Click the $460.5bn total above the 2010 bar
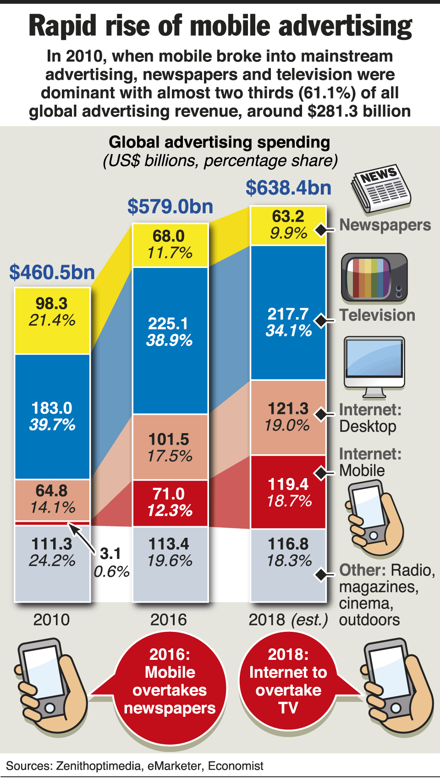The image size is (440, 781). click(x=52, y=272)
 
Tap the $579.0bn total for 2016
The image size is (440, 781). click(x=170, y=206)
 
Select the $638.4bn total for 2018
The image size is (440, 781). click(x=288, y=188)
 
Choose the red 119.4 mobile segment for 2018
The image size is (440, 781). click(x=288, y=492)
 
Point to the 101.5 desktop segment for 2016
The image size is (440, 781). click(x=170, y=447)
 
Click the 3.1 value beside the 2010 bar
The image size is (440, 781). click(x=110, y=554)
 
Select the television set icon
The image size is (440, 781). click(x=374, y=278)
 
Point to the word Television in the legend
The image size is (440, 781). click(x=377, y=315)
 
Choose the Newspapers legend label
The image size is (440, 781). click(x=385, y=225)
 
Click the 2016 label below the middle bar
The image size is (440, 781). click(x=169, y=620)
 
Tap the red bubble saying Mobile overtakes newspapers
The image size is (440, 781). click(x=170, y=681)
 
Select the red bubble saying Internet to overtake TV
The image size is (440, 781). click(x=288, y=681)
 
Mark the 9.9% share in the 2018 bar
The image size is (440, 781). click(x=288, y=233)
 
